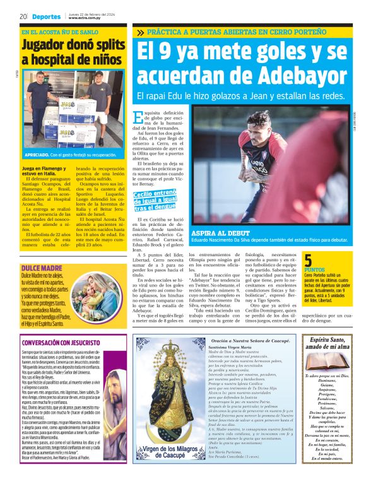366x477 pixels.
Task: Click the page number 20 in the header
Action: [22, 16]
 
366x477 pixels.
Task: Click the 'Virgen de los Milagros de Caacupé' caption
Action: [167, 450]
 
